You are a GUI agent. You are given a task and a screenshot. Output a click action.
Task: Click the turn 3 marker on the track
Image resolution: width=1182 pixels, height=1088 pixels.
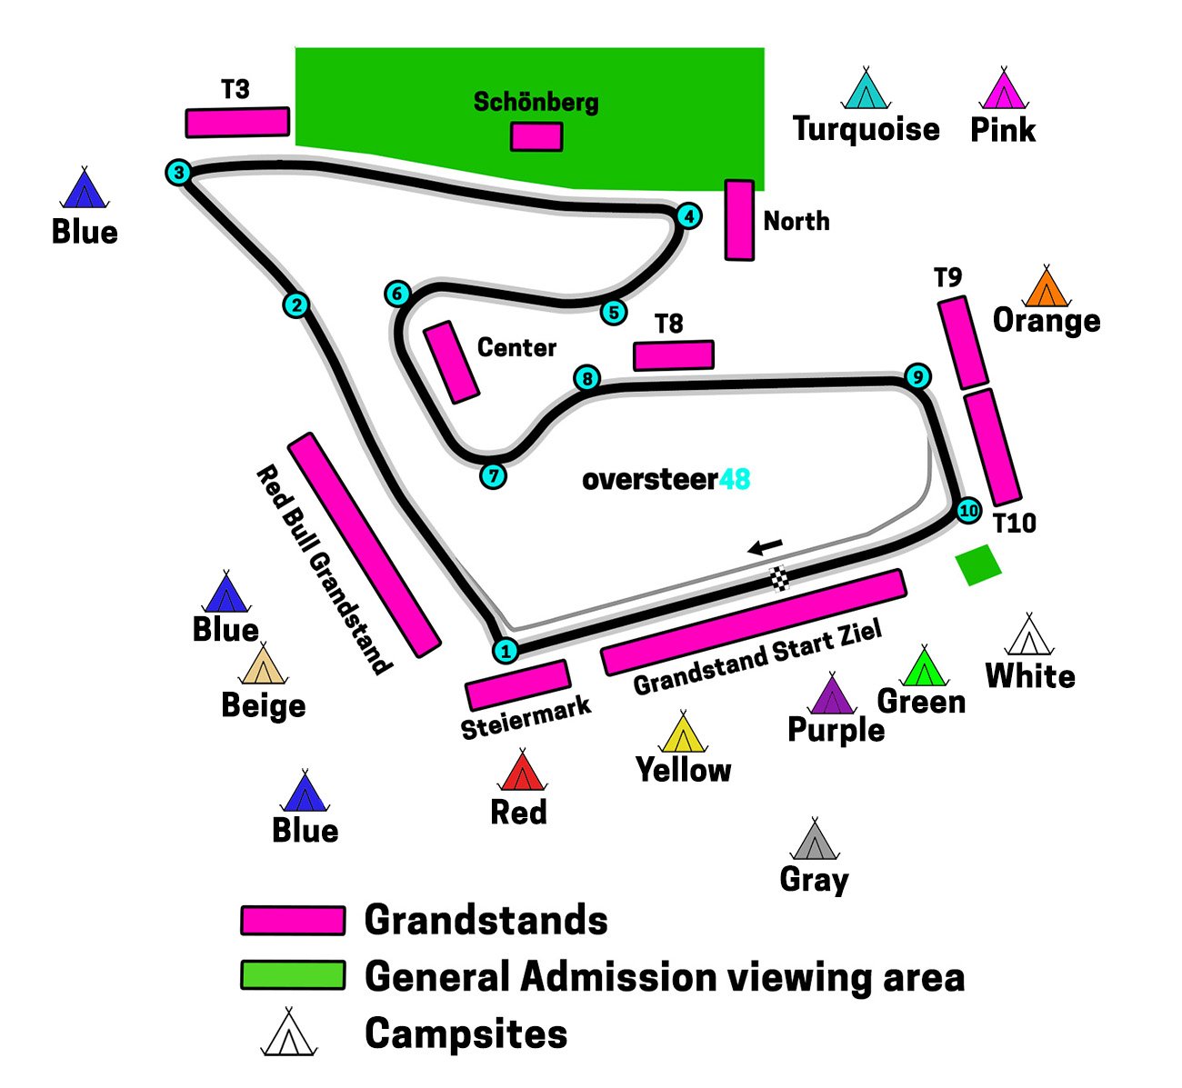179,172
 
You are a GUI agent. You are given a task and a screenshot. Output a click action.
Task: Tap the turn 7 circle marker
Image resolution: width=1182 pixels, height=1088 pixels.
493,475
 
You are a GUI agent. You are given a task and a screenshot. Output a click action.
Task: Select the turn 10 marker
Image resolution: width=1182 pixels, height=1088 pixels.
968,511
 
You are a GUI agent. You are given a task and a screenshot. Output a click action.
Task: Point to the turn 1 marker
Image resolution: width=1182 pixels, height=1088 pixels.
506,651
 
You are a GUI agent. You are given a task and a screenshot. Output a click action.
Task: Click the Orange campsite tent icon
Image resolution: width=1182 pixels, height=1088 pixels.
1047,287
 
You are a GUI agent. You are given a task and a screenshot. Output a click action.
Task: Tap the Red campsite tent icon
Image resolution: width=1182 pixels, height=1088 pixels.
522,773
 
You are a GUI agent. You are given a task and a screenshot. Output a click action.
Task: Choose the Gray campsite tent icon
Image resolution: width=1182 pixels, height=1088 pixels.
814,841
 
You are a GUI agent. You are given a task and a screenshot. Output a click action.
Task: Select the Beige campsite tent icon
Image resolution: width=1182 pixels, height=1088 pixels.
263,666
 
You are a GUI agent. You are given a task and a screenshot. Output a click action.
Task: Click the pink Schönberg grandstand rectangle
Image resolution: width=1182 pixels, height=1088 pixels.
536,136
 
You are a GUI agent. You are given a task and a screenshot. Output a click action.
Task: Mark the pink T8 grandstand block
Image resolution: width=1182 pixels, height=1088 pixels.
673,355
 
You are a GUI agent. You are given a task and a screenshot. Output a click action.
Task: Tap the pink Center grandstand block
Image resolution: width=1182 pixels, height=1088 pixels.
451,362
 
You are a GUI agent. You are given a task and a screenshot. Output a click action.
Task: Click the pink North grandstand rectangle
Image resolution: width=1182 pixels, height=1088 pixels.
739,220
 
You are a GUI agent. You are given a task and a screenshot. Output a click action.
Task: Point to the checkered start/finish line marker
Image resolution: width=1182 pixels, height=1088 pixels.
779,577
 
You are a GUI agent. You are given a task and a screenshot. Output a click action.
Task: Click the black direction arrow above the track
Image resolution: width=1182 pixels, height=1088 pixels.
765,546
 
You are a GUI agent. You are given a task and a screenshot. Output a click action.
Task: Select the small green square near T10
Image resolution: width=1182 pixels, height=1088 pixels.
978,564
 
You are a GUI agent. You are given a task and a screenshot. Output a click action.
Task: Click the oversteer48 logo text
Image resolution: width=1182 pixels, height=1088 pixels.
666,479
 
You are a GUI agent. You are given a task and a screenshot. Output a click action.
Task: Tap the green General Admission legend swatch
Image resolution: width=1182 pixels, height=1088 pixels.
293,976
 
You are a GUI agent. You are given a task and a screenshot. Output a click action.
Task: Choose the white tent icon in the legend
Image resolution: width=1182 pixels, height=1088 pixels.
288,1033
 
